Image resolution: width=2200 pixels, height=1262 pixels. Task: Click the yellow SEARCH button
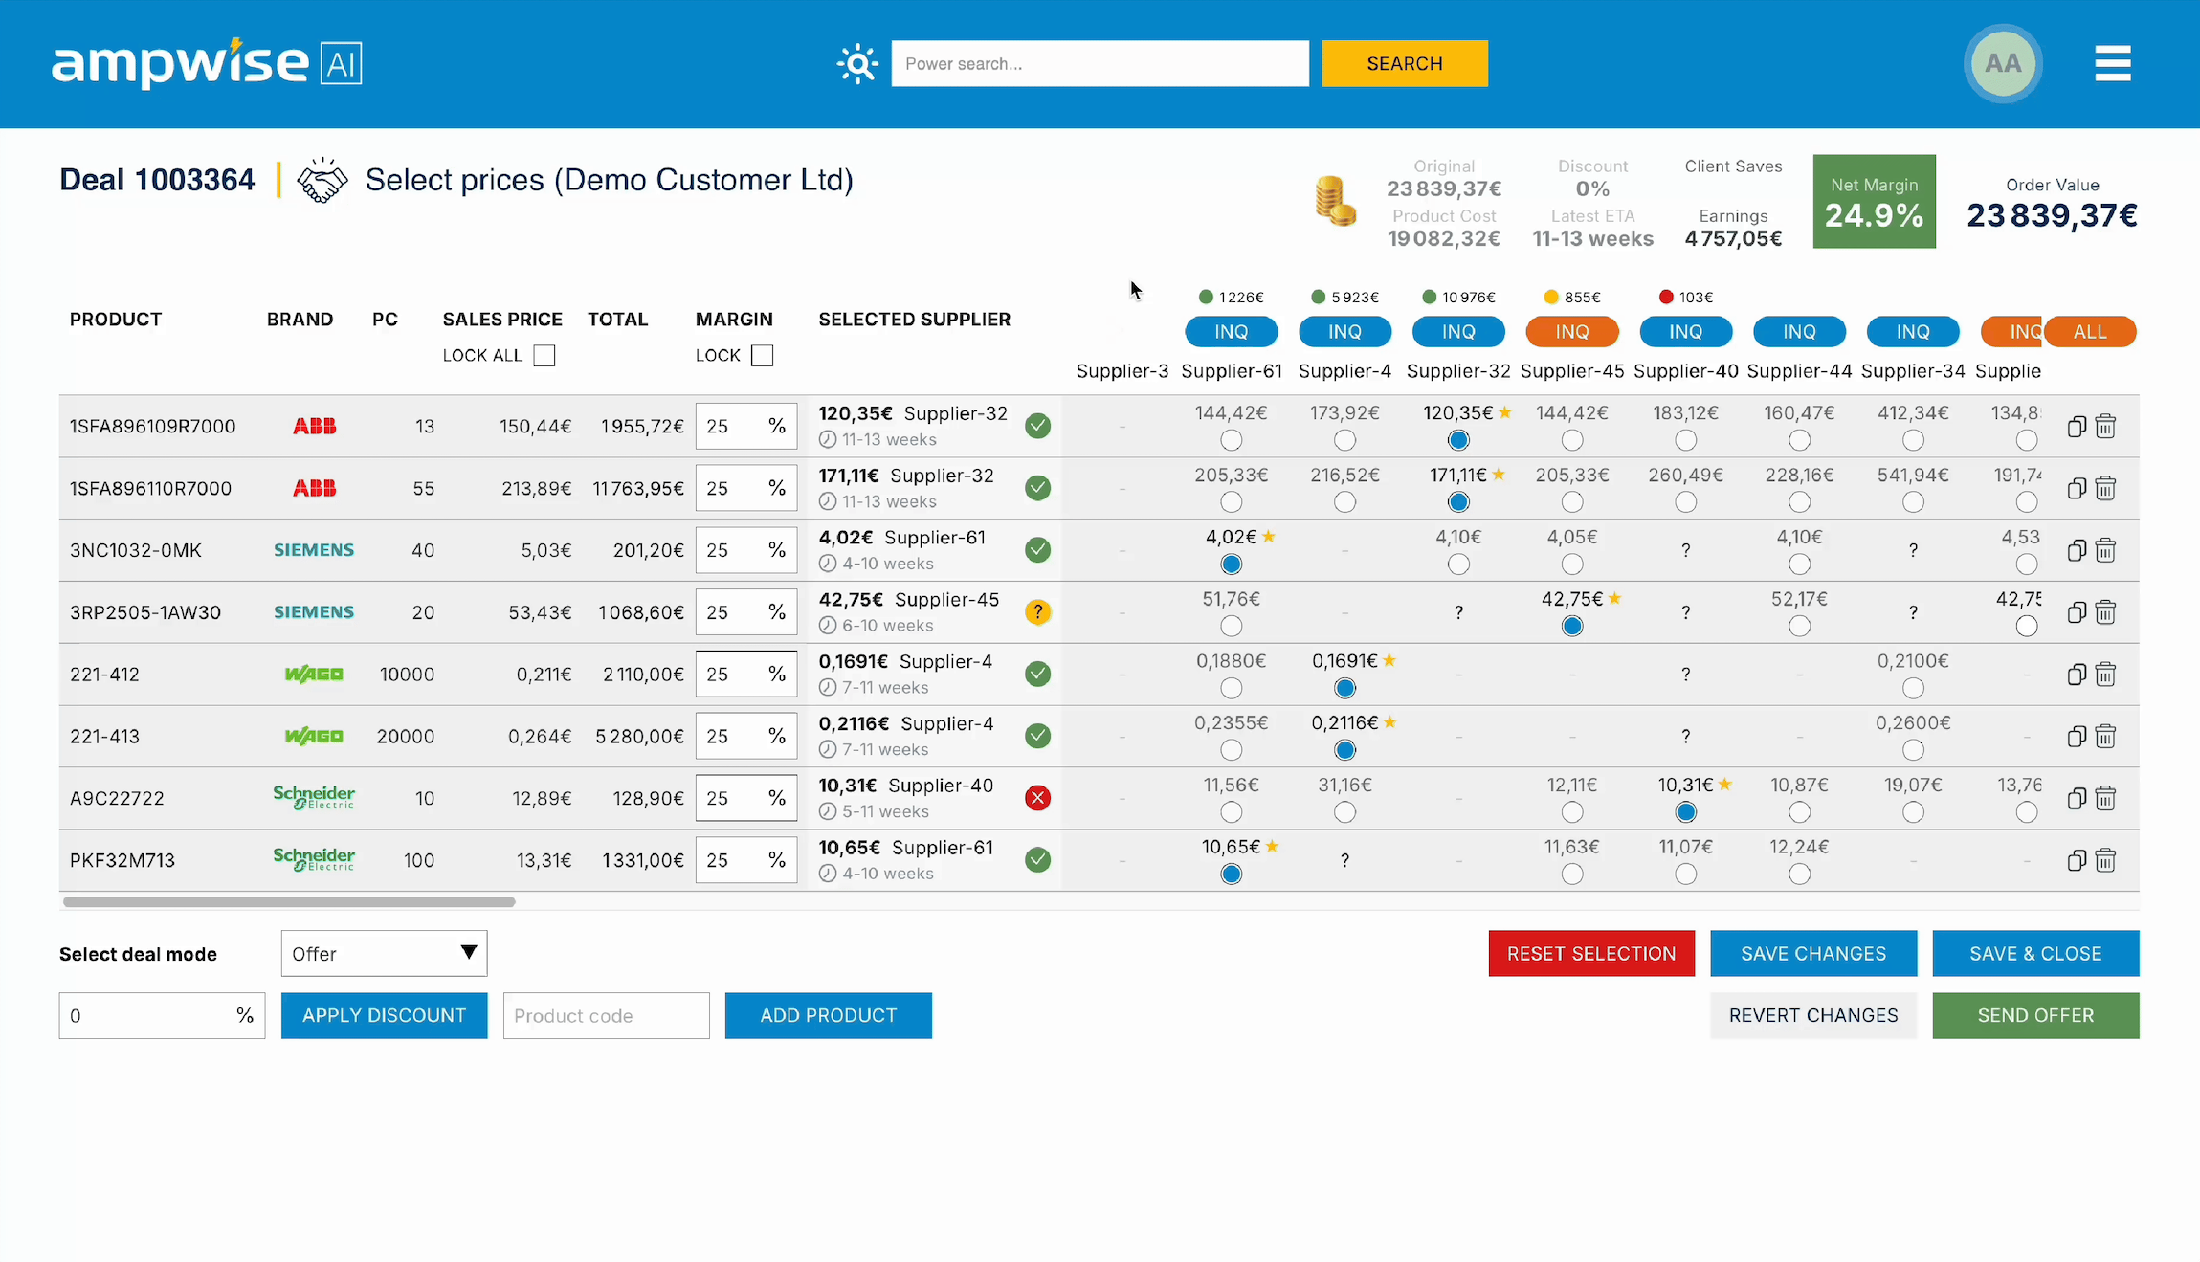click(1404, 63)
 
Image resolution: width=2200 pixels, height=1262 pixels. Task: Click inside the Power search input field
click(1099, 63)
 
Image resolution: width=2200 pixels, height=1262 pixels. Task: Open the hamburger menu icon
click(2112, 63)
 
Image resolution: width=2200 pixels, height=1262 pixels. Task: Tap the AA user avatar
click(2002, 63)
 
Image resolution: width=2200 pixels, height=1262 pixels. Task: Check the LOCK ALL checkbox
click(544, 356)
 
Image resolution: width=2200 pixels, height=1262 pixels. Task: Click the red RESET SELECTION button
click(1590, 953)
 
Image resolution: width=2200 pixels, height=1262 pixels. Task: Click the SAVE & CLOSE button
click(2034, 953)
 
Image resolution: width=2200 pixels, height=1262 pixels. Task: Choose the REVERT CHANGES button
click(1812, 1015)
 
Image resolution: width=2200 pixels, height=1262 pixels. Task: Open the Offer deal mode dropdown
click(384, 953)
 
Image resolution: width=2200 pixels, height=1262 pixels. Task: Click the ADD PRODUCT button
click(828, 1015)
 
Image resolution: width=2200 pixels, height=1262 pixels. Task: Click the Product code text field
click(606, 1015)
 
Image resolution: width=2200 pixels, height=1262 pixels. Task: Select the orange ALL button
click(2090, 331)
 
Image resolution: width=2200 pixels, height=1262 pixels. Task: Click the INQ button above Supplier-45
click(1571, 331)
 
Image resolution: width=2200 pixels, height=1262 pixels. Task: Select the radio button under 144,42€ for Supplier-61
click(1231, 440)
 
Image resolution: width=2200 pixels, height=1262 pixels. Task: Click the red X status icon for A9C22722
click(1037, 798)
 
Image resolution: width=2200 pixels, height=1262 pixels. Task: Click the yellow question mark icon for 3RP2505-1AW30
click(1037, 611)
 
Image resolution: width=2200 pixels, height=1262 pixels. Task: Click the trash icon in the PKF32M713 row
click(2105, 860)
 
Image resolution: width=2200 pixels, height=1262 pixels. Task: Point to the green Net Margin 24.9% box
click(1873, 202)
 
